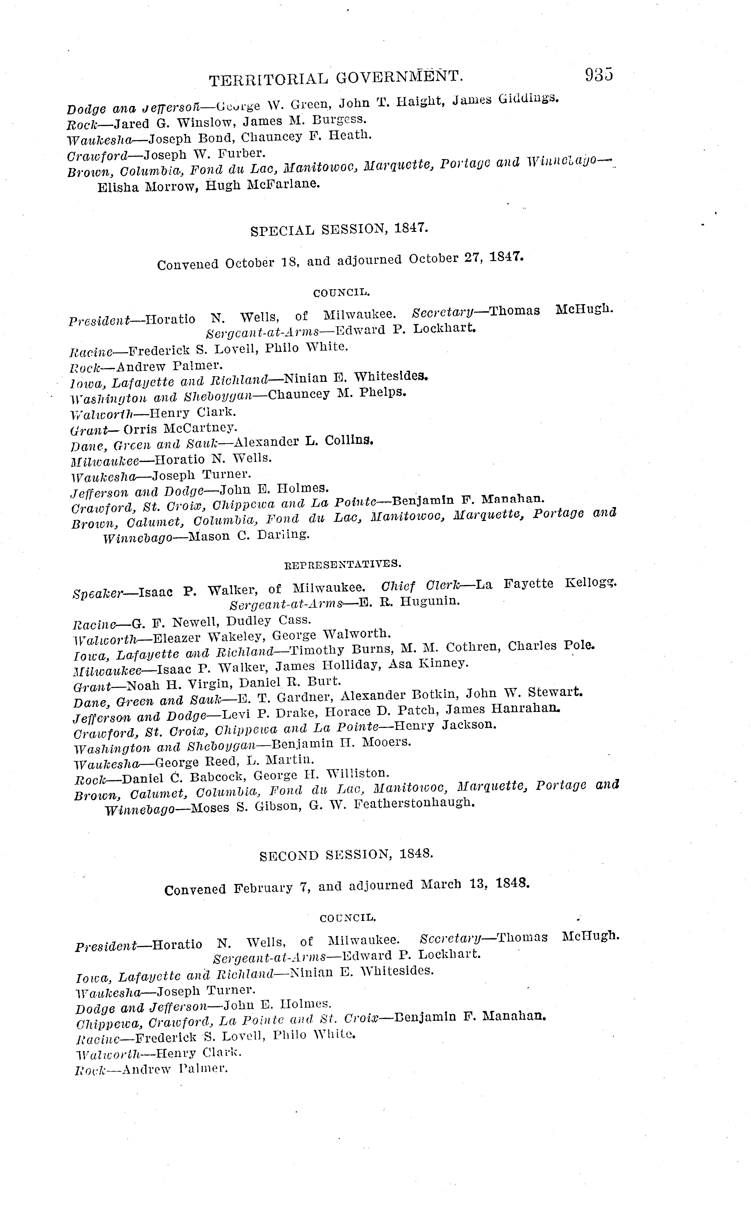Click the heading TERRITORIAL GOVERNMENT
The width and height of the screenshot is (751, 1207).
(x=336, y=78)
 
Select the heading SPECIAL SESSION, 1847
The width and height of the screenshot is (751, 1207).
(x=339, y=229)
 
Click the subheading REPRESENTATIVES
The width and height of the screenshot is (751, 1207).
(x=342, y=564)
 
